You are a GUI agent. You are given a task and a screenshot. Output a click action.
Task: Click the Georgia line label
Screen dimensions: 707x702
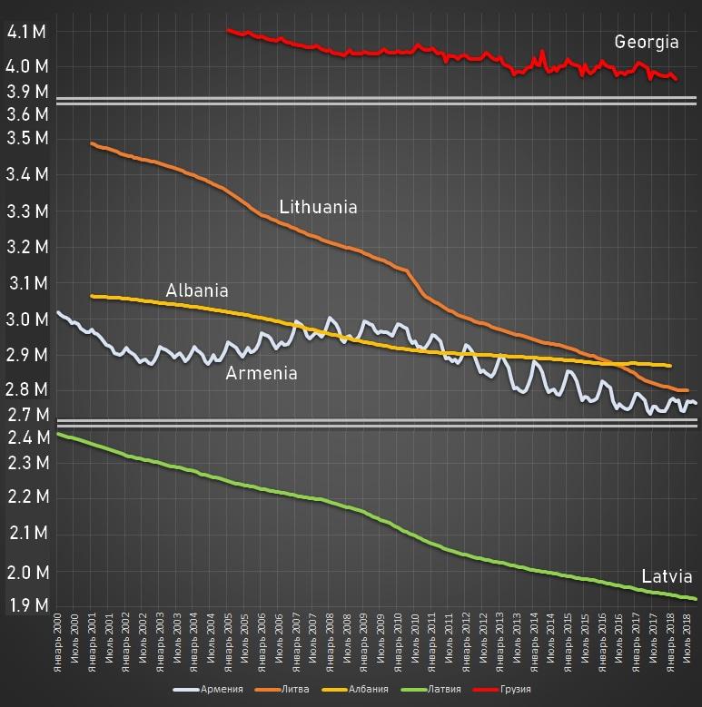click(647, 42)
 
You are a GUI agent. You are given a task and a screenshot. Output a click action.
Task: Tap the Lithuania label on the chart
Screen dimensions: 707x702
click(318, 207)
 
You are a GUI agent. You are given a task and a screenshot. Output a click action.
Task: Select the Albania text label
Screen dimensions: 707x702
click(197, 290)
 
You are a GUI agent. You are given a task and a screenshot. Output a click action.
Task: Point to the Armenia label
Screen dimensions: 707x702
click(262, 372)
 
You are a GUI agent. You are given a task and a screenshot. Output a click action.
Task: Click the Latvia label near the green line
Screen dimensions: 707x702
click(667, 576)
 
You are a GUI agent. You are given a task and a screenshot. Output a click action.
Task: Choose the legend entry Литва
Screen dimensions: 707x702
click(290, 690)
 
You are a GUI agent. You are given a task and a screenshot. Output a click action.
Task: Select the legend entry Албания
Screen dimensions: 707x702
click(361, 690)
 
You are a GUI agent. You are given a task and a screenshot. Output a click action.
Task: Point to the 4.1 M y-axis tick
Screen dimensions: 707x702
click(26, 33)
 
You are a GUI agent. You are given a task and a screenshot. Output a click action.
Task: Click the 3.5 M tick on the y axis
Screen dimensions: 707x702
click(26, 139)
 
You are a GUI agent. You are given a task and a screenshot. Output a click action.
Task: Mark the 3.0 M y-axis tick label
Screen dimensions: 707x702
click(26, 319)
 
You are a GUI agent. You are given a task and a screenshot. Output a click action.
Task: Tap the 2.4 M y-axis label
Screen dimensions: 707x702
click(26, 438)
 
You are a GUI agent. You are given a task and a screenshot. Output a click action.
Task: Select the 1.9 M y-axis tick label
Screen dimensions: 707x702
click(26, 605)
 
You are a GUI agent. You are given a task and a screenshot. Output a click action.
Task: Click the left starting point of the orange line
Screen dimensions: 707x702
click(92, 142)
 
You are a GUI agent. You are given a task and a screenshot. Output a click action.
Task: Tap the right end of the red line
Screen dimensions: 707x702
click(676, 80)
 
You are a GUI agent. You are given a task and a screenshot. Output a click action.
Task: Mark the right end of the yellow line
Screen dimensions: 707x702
click(670, 366)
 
